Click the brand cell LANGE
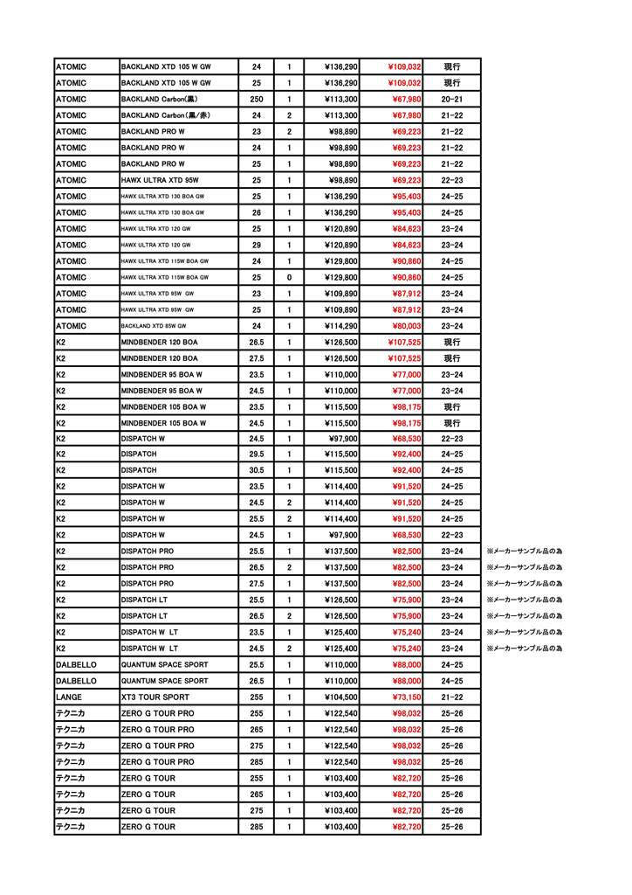coord(70,697)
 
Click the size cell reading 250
coord(256,99)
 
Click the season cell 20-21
coord(452,99)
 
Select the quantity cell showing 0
coord(289,277)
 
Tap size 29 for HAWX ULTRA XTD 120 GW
coord(256,245)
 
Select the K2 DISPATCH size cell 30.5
coord(256,470)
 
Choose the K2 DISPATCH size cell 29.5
coord(256,454)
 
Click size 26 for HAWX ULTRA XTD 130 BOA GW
coord(256,212)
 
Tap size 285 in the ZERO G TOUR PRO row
coord(256,761)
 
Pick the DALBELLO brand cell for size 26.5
coord(76,681)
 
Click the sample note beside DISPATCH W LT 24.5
coord(524,649)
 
